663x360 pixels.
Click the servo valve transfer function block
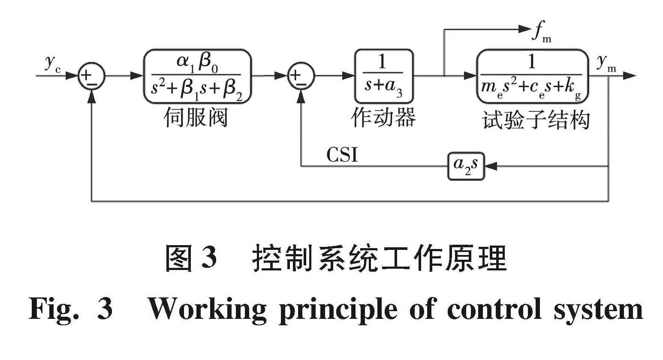pyautogui.click(x=197, y=76)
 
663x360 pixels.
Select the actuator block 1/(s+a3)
pyautogui.click(x=383, y=76)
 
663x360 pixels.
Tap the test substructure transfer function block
pyautogui.click(x=532, y=76)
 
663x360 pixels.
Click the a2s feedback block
pyautogui.click(x=466, y=166)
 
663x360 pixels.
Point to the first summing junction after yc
pyautogui.click(x=91, y=76)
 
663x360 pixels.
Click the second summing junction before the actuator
pyautogui.click(x=301, y=76)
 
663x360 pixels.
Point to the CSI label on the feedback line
pyautogui.click(x=342, y=155)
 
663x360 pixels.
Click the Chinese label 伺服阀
pyautogui.click(x=196, y=117)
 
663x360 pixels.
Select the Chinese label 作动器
pyautogui.click(x=383, y=117)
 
